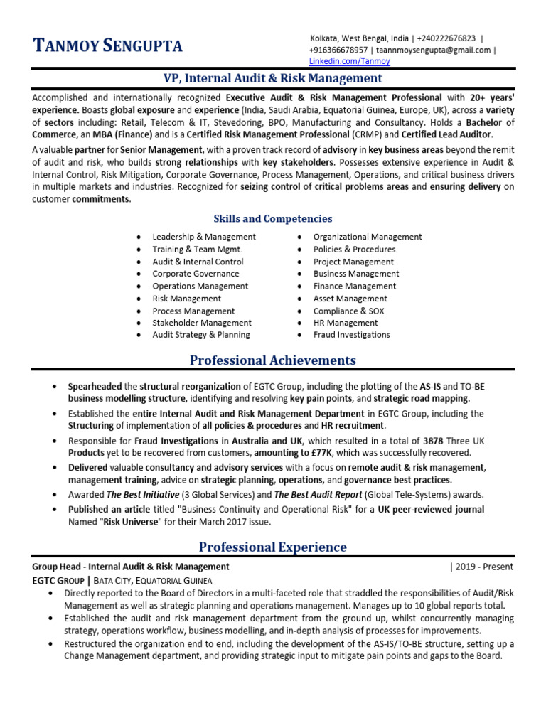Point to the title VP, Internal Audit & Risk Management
(273, 78)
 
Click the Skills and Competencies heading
(273, 219)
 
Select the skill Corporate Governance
(196, 274)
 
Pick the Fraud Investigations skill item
(351, 335)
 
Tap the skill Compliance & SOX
(348, 311)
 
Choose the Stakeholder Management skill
(202, 323)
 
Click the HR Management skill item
(346, 323)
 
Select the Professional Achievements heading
(273, 360)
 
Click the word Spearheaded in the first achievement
(95, 387)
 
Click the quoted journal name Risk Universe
(130, 522)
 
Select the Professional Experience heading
(273, 547)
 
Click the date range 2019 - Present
(483, 567)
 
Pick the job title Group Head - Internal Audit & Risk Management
(131, 567)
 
